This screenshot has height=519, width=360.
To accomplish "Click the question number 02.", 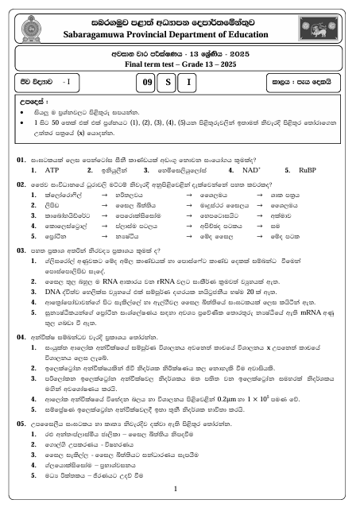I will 22,161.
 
